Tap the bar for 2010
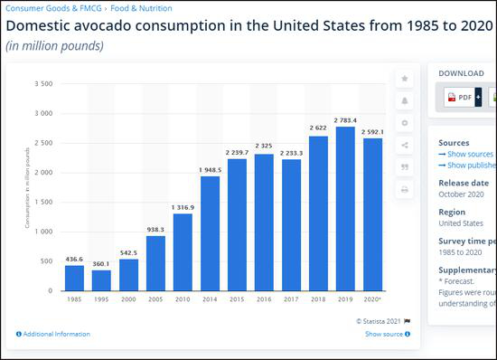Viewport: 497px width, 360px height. (183, 252)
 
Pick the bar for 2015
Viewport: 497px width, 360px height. (237, 225)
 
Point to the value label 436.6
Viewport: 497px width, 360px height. (74, 259)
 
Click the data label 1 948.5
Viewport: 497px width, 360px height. (210, 169)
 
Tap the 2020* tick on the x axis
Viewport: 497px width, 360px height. (371, 298)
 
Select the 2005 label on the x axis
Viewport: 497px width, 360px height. (155, 298)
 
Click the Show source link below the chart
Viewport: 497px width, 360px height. (383, 334)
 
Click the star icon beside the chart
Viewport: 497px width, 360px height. (405, 79)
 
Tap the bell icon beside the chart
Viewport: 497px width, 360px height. (405, 100)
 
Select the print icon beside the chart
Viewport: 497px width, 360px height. (405, 189)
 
